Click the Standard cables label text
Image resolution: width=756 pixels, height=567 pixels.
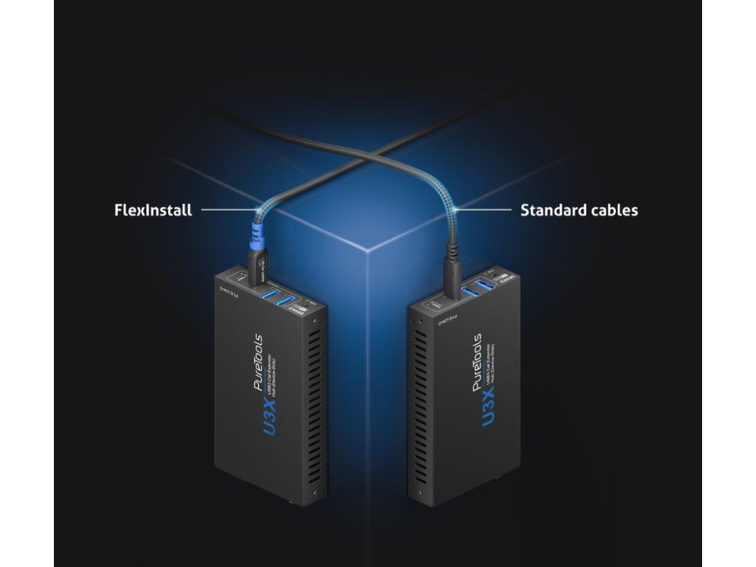579,210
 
